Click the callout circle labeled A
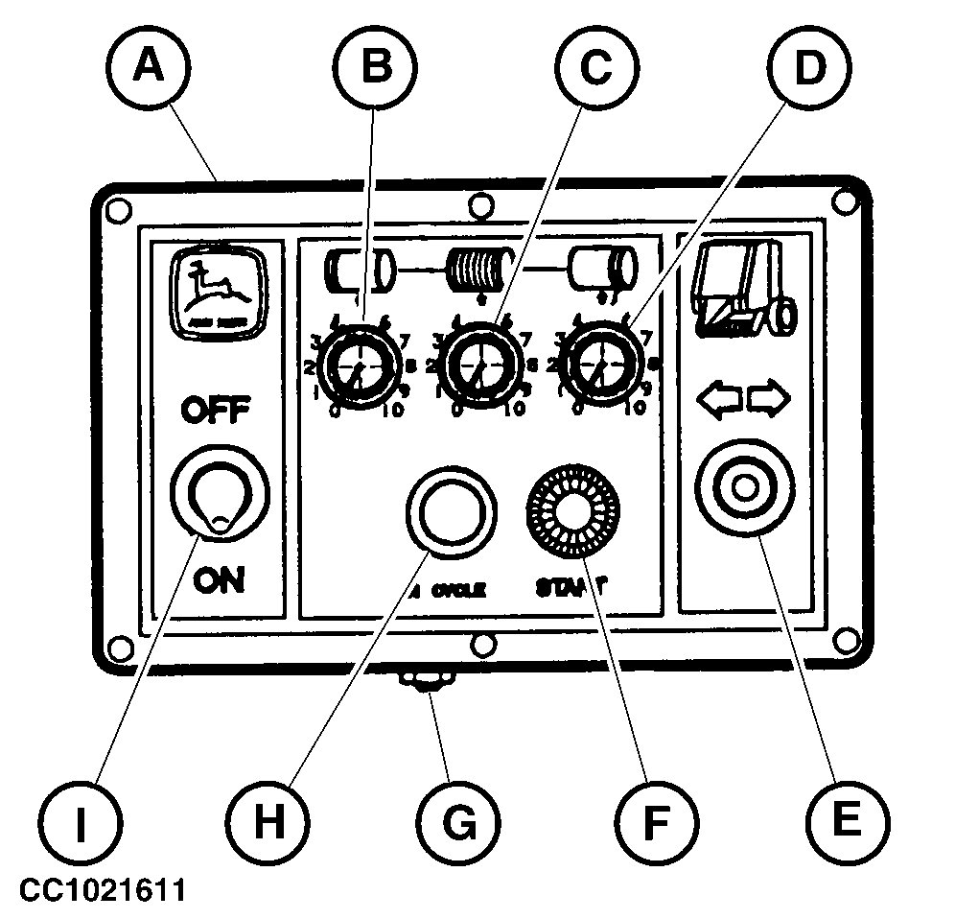(147, 66)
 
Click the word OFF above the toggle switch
(217, 413)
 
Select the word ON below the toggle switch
(218, 579)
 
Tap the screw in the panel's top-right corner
(844, 201)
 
